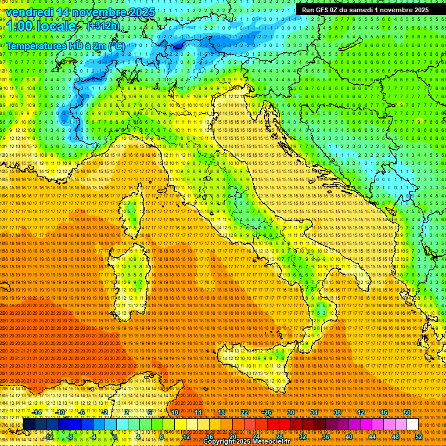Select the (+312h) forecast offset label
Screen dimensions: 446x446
coord(104,26)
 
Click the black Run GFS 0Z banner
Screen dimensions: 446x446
coord(365,9)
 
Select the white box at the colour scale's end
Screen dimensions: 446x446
coord(413,425)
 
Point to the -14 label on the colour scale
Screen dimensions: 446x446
coord(38,412)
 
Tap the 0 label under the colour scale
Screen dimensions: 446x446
coord(116,436)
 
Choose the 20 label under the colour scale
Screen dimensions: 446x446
coord(232,436)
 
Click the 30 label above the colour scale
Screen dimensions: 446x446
coord(290,412)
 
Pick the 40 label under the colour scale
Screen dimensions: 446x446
coord(348,436)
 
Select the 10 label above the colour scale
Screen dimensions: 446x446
coord(174,412)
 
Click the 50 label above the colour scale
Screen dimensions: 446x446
coord(407,412)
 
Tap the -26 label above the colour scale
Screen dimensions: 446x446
coord(267,412)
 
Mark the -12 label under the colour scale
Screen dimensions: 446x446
coord(49,436)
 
